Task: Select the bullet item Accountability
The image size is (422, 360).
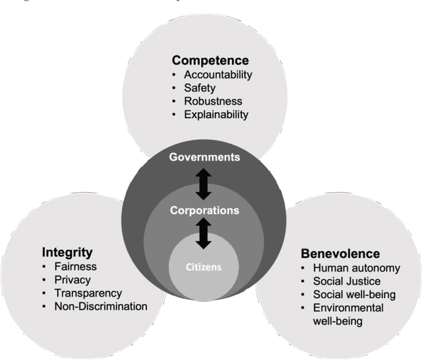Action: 218,75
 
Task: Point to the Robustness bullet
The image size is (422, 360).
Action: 213,101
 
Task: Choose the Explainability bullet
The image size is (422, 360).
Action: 216,114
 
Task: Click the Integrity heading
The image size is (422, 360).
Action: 67,252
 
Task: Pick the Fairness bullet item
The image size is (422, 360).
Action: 76,266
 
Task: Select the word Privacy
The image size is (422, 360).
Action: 74,280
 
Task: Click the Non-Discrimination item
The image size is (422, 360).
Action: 101,306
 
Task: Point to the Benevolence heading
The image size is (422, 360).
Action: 340,253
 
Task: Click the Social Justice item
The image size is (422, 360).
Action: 347,282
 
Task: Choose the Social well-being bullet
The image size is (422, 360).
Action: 355,295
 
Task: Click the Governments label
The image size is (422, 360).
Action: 204,157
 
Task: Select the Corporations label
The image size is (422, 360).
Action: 204,210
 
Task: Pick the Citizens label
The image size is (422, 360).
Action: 204,268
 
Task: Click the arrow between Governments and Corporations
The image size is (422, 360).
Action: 204,184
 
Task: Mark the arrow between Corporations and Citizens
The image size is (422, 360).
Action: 204,233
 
